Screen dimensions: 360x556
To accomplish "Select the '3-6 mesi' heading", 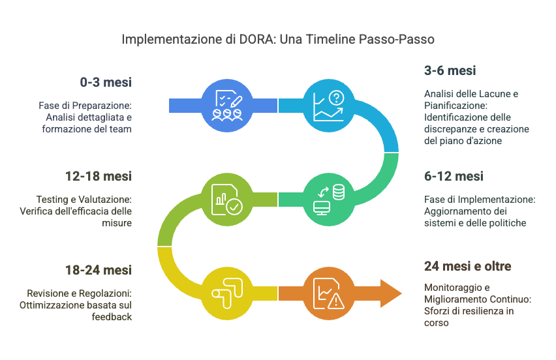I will click(x=450, y=70).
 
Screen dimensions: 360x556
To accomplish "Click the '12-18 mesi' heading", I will click(x=100, y=176).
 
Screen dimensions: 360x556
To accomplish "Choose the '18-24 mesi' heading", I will click(x=100, y=269).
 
